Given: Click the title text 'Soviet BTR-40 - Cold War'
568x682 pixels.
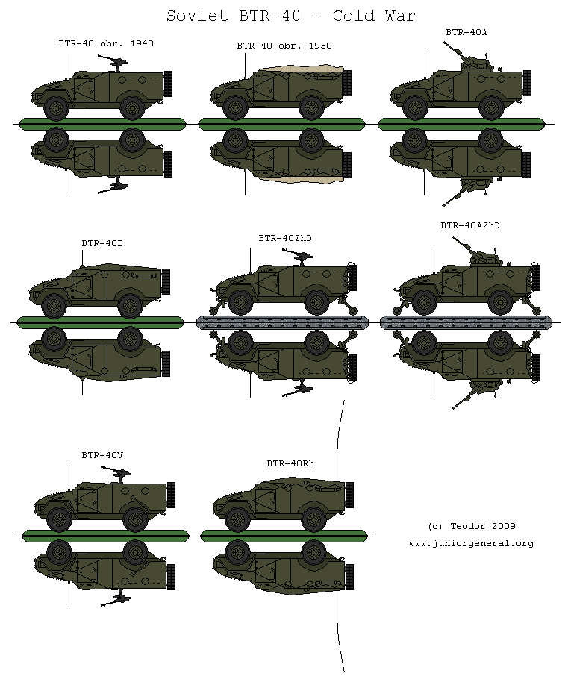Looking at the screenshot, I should [x=290, y=16].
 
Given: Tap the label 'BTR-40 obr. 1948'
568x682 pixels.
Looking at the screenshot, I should [x=106, y=43].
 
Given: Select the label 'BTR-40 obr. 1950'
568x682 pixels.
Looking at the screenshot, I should [x=284, y=46].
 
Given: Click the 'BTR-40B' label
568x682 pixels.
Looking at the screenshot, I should [x=102, y=243].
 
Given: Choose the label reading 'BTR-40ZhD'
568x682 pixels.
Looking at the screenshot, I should [x=284, y=238].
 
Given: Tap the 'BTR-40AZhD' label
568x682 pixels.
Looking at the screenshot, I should [x=469, y=225].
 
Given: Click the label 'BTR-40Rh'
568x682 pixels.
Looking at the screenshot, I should [x=290, y=463].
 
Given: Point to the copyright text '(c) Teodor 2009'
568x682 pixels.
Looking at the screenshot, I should [x=471, y=526].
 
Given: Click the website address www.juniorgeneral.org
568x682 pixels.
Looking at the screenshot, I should [x=471, y=543].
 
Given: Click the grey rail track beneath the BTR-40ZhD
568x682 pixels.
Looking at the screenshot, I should [x=283, y=322].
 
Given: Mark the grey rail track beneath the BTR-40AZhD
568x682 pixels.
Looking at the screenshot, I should [x=467, y=322].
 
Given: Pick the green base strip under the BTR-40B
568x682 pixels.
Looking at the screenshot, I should [x=100, y=322].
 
